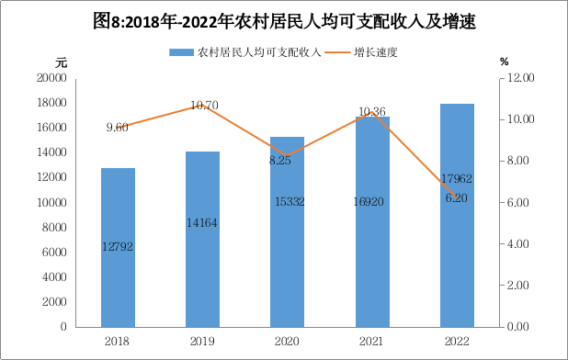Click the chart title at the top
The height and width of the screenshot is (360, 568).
point(284,21)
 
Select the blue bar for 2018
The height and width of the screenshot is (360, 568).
point(118,247)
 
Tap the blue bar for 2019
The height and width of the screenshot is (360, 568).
point(202,239)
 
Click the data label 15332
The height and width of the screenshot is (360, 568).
point(290,201)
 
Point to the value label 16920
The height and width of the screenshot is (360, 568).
point(369,201)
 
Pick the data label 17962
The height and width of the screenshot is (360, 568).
point(457,178)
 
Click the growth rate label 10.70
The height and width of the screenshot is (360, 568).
point(204,106)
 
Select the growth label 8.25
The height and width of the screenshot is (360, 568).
point(280,161)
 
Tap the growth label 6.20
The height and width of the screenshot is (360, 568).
point(457,198)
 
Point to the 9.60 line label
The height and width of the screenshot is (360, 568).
point(118,128)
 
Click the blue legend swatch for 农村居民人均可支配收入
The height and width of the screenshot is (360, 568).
point(181,53)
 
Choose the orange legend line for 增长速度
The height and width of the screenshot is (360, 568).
point(337,52)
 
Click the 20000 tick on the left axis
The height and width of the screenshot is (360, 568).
point(52,77)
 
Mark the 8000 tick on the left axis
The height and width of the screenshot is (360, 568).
point(55,227)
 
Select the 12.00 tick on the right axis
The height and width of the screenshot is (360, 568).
point(520,78)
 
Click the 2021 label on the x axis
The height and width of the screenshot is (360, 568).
point(371,342)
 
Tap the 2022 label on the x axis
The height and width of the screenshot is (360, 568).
point(457,342)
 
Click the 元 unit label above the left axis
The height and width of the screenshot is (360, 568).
point(62,62)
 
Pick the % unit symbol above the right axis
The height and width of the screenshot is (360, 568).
point(505,62)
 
